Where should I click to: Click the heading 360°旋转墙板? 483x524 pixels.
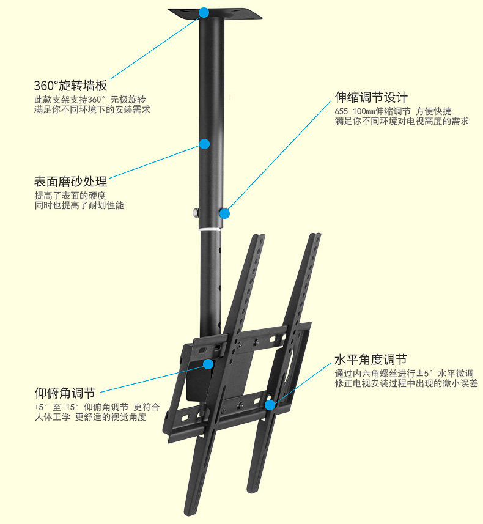pos(70,86)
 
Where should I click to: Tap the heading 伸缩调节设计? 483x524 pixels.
pos(371,97)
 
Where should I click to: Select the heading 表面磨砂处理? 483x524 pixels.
pos(70,182)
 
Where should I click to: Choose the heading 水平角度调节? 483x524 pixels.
pos(371,360)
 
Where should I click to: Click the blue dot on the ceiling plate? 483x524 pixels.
pos(204,12)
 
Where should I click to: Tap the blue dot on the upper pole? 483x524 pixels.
pos(204,144)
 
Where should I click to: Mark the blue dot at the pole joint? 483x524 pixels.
pos(224,213)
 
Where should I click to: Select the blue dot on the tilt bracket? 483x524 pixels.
pos(208,364)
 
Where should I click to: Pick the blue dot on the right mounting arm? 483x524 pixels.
pos(270,404)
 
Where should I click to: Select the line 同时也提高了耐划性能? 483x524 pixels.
pos(79,206)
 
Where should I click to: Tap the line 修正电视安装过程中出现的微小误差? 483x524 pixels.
pos(406,383)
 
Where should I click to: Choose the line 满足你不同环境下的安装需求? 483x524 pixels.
pos(92,109)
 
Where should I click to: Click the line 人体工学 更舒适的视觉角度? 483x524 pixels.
pos(90,417)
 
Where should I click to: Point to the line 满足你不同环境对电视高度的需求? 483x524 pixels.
pos(402,121)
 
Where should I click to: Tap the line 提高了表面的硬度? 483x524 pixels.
pos(70,196)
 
